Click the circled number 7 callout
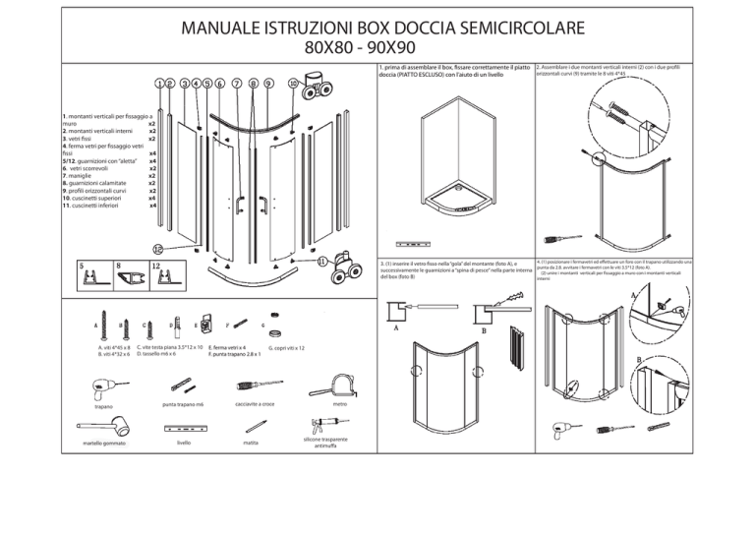(x=238, y=84)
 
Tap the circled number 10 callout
(x=292, y=84)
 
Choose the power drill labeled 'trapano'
(x=105, y=383)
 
